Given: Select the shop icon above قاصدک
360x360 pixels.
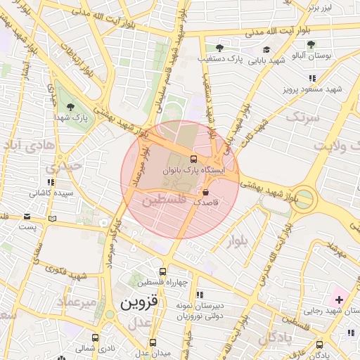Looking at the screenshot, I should pyautogui.click(x=206, y=191).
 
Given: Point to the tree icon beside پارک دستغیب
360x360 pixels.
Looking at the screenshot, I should pyautogui.click(x=220, y=49).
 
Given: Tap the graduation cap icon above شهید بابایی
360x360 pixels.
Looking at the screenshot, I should pyautogui.click(x=267, y=49).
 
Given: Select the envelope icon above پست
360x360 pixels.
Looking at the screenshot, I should pyautogui.click(x=27, y=217).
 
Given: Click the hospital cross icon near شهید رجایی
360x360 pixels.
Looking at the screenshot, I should pyautogui.click(x=339, y=300).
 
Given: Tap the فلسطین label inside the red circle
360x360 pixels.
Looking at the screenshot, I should pyautogui.click(x=164, y=200).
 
